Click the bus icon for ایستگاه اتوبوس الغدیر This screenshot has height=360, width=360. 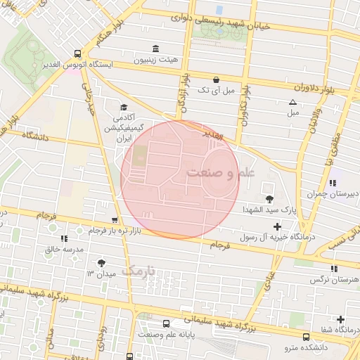tap(77, 53)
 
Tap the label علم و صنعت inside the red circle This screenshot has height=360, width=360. tap(220, 172)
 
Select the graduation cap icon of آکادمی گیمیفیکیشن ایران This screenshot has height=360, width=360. tap(124, 108)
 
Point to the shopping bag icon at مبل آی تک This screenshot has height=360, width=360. tap(215, 79)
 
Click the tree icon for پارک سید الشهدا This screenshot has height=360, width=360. tap(270, 199)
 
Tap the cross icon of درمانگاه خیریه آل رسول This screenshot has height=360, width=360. tap(277, 226)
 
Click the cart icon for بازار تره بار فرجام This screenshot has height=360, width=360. tap(115, 220)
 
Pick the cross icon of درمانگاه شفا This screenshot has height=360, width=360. tap(341, 319)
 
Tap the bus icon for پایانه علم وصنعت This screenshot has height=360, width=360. tap(166, 324)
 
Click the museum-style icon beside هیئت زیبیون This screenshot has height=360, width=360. tap(155, 49)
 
